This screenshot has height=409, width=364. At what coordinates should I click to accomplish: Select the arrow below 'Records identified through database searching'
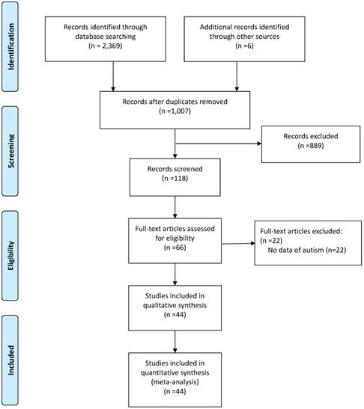click(112, 76)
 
